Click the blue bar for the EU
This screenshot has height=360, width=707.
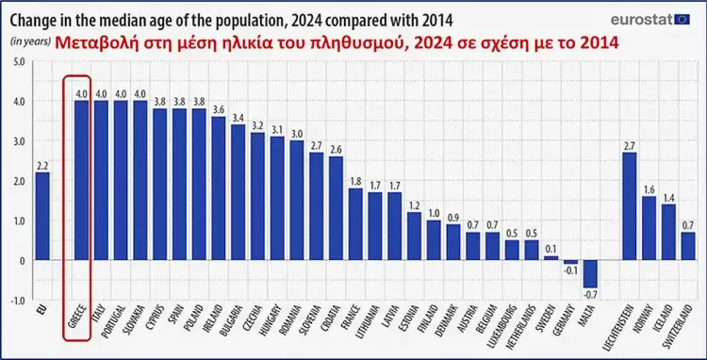(42, 216)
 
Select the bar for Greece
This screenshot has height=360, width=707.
(82, 180)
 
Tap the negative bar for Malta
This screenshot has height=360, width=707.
(589, 273)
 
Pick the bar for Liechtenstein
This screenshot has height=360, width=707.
(630, 205)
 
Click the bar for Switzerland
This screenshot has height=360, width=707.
(687, 245)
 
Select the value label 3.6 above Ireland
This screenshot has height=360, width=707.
(219, 109)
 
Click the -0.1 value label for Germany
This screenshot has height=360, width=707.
(569, 271)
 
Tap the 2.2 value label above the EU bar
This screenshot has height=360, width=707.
(42, 165)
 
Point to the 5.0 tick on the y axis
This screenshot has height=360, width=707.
(19, 61)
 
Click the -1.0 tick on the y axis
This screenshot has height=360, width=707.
(18, 300)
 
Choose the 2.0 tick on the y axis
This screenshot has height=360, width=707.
(19, 181)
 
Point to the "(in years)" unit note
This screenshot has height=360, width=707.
(29, 41)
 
